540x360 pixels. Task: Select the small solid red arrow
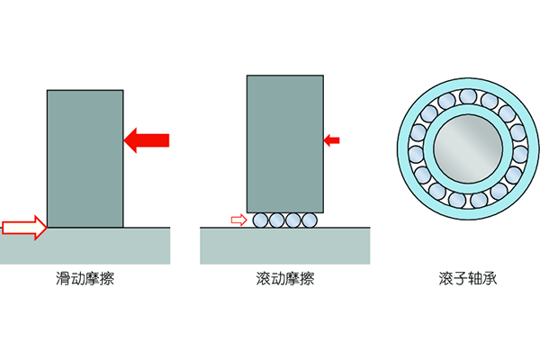point(332,139)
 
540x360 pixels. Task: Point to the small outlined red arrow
point(238,220)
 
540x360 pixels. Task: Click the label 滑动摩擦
point(85,279)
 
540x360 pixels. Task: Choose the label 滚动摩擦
point(284,279)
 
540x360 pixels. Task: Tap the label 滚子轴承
point(462,279)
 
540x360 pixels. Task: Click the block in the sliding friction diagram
point(85,158)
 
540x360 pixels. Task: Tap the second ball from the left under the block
point(275,220)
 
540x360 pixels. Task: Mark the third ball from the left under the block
point(293,220)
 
